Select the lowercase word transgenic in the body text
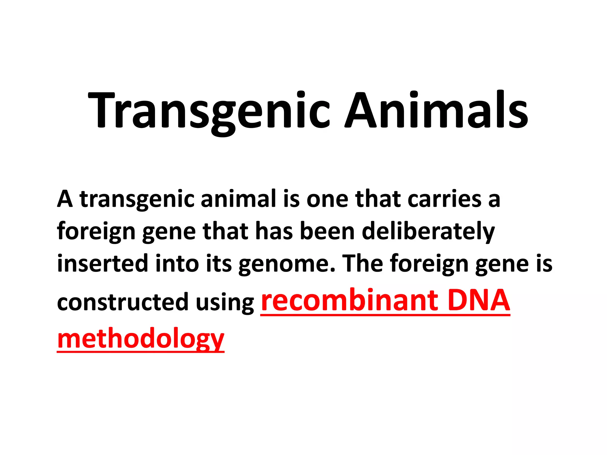pyautogui.click(x=137, y=199)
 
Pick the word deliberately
pyautogui.click(x=428, y=232)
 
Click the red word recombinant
pyautogui.click(x=349, y=300)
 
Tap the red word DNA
pyautogui.click(x=479, y=300)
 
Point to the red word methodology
pyautogui.click(x=140, y=339)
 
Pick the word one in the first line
pyautogui.click(x=327, y=199)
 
